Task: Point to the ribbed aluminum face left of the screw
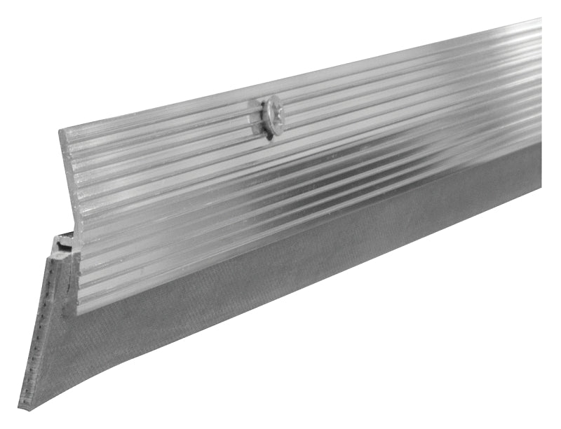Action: [175, 182]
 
